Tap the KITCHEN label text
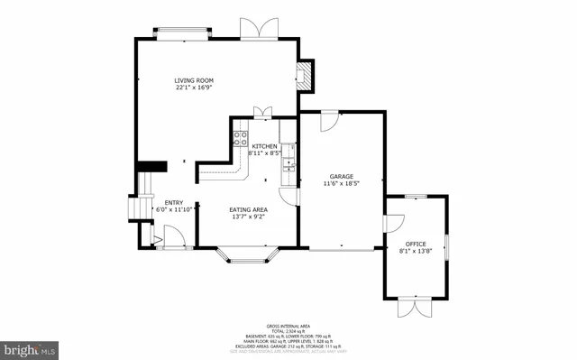264,146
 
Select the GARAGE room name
341,177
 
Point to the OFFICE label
415,244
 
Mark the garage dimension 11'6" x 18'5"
341,184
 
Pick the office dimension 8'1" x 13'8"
415,251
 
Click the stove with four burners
241,138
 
